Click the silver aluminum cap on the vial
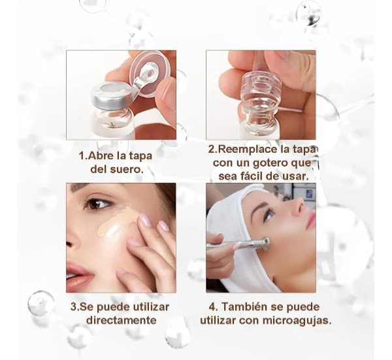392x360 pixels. click(x=111, y=95)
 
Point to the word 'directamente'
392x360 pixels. click(x=122, y=320)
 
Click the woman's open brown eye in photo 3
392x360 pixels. click(x=98, y=205)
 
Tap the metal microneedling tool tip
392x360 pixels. click(x=265, y=243)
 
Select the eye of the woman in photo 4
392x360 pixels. click(x=269, y=216)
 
